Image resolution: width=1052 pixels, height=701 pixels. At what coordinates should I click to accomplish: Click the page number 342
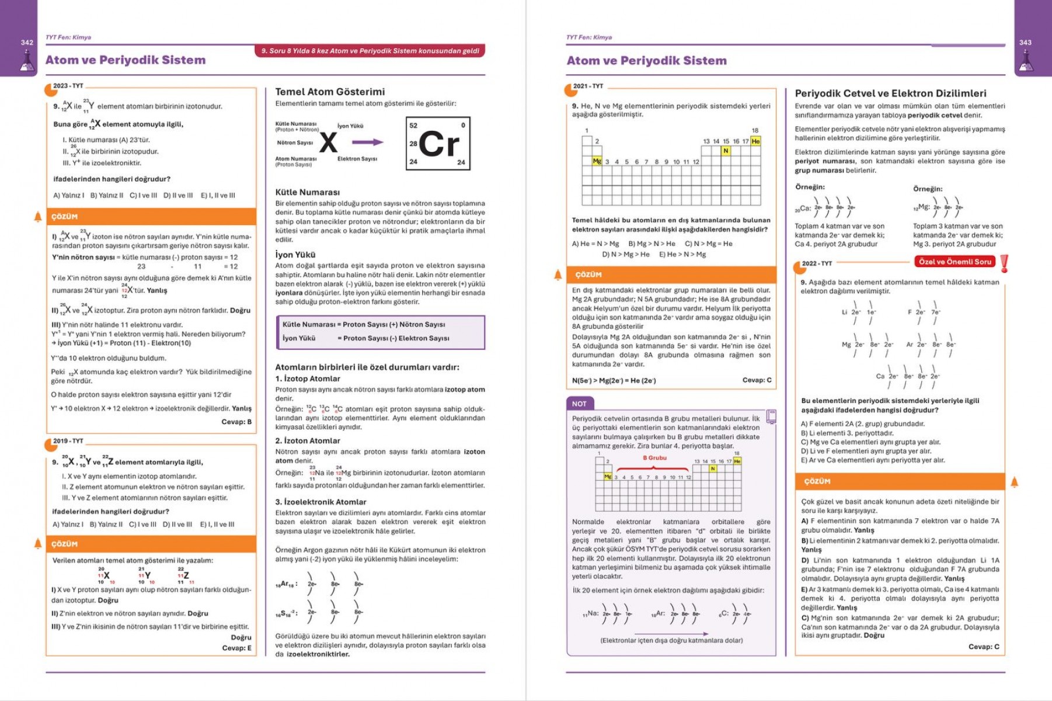point(27,43)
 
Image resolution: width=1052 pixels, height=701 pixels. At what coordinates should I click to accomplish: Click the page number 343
point(1025,43)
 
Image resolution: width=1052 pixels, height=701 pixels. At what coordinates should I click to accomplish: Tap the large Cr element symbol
point(439,144)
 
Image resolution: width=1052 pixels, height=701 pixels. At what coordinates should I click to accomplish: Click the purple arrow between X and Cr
point(368,142)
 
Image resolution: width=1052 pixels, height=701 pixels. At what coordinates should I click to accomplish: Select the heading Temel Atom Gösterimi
point(330,92)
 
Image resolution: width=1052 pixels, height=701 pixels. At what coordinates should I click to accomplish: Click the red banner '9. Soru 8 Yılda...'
point(370,51)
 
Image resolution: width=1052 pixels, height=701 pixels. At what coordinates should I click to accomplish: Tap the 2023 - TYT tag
point(68,86)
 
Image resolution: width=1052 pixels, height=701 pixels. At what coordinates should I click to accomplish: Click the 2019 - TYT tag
point(68,441)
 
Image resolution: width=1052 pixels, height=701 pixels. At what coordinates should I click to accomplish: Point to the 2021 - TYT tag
point(588,86)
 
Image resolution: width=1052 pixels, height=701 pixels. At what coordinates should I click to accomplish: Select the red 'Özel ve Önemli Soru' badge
point(955,262)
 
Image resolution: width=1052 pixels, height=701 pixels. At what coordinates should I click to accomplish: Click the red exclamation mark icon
point(1004,263)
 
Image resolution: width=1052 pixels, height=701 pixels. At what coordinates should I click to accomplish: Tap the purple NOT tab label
point(579,404)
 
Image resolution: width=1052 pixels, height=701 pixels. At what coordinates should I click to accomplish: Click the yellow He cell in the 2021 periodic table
point(755,141)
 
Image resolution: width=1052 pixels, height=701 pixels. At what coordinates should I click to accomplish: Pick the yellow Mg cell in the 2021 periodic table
point(597,161)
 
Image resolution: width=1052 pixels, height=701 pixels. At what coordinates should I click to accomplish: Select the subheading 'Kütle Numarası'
point(307,192)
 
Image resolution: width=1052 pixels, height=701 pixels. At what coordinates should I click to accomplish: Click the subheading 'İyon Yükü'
point(295,255)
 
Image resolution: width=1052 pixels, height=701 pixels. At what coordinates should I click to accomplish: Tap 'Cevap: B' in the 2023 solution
point(236,422)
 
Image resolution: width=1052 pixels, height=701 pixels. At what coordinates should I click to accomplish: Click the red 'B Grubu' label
point(654,458)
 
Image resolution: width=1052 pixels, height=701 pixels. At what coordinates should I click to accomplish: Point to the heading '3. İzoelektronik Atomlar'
point(321,502)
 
